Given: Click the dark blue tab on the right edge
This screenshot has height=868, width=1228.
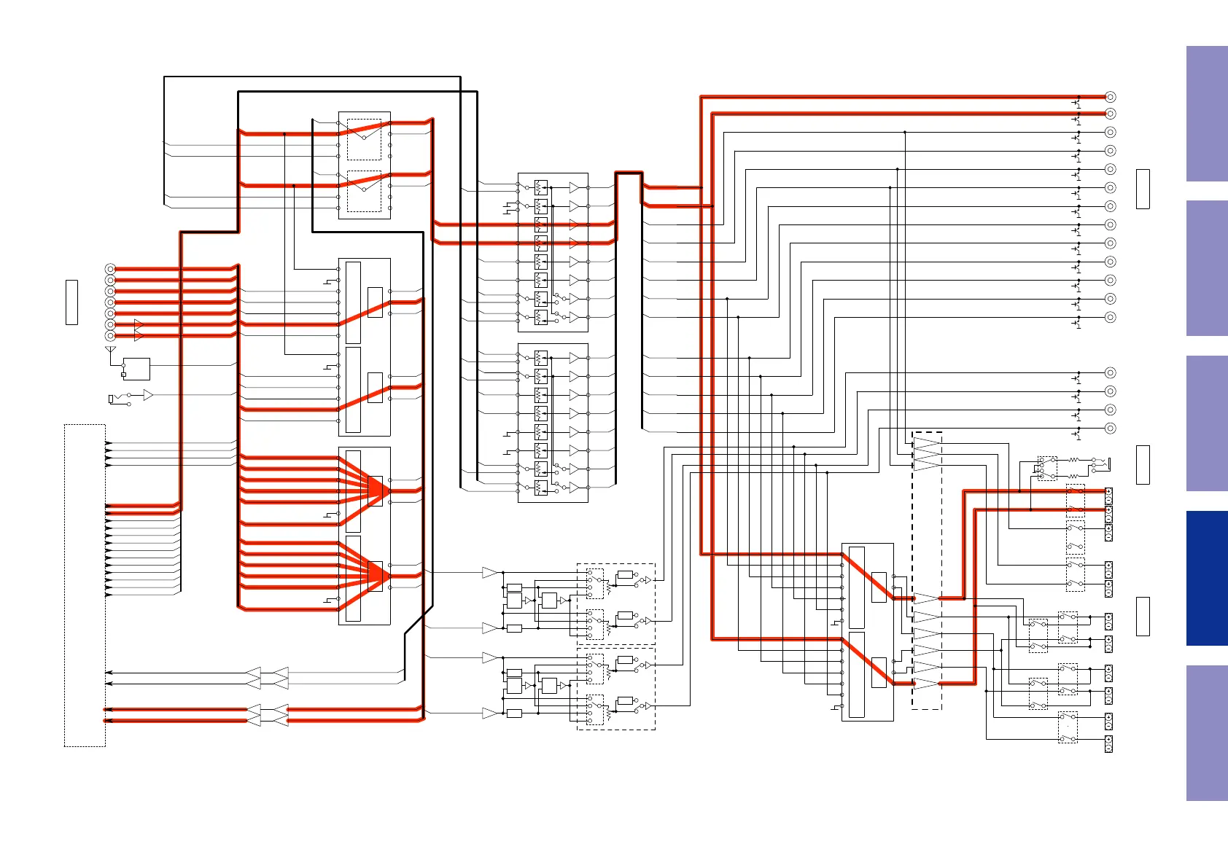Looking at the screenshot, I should [x=1207, y=578].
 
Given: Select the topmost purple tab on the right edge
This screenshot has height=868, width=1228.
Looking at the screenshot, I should [x=1207, y=114].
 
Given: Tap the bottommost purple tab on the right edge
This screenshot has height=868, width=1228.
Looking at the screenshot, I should [x=1207, y=732].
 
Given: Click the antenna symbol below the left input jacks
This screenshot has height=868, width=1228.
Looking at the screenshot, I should [x=111, y=352].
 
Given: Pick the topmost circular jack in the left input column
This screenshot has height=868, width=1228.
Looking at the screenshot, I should [x=110, y=269].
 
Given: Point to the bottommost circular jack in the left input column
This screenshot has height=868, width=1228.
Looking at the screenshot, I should [x=110, y=336].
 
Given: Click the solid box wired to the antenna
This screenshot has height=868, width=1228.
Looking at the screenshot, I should [x=136, y=369].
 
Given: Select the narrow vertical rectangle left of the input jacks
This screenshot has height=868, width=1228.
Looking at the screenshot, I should [x=71, y=302].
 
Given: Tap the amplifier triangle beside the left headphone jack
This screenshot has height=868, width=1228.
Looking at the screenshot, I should [x=148, y=395].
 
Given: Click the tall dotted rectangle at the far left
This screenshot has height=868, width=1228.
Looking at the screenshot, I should [x=85, y=585].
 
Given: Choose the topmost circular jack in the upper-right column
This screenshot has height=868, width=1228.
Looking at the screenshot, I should [x=1110, y=96].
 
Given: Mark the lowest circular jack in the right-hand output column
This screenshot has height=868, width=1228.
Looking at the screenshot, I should [x=1110, y=429].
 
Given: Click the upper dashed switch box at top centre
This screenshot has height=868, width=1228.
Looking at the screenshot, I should [x=364, y=139].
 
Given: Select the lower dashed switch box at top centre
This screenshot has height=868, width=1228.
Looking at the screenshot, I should [x=364, y=191].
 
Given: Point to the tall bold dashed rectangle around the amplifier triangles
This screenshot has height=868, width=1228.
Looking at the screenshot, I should [x=927, y=571].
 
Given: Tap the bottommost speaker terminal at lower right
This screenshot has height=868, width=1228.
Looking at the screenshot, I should [x=1108, y=744].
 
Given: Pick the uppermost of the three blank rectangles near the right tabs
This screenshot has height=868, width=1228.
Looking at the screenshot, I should [x=1143, y=189].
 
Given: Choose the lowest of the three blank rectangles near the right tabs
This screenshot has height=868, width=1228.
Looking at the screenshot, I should [x=1143, y=616].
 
